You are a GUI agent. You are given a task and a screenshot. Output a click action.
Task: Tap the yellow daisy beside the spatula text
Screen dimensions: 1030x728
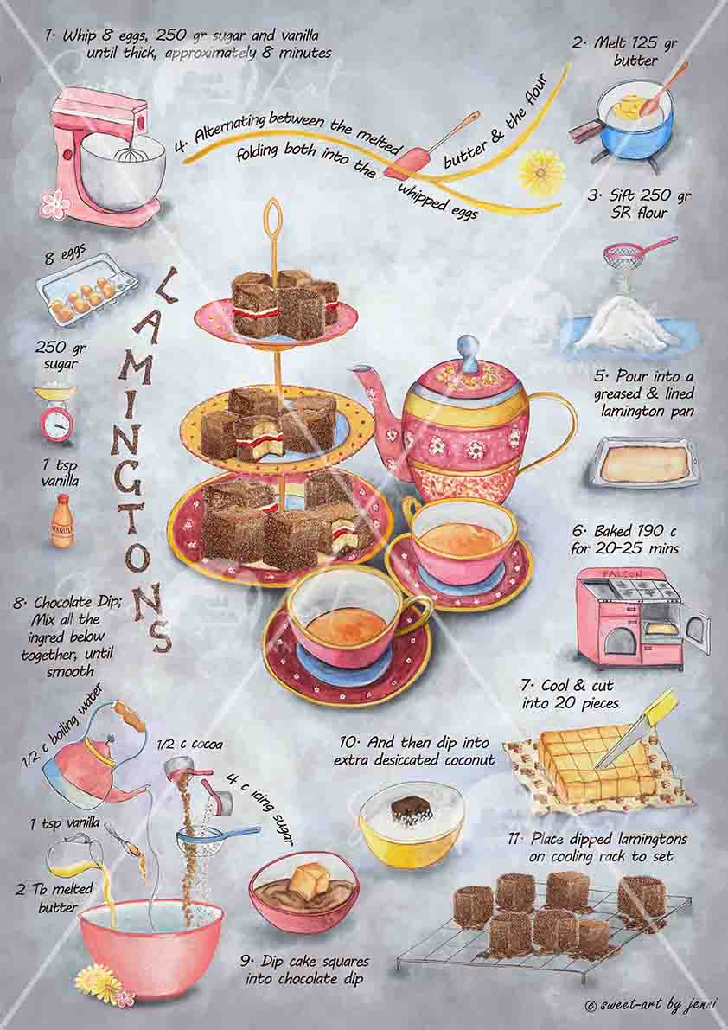coord(541,172)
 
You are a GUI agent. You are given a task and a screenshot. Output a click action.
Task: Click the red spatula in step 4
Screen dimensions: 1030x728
coord(413,161)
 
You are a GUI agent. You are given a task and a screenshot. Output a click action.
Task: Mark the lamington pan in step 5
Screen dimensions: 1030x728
coord(643,464)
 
